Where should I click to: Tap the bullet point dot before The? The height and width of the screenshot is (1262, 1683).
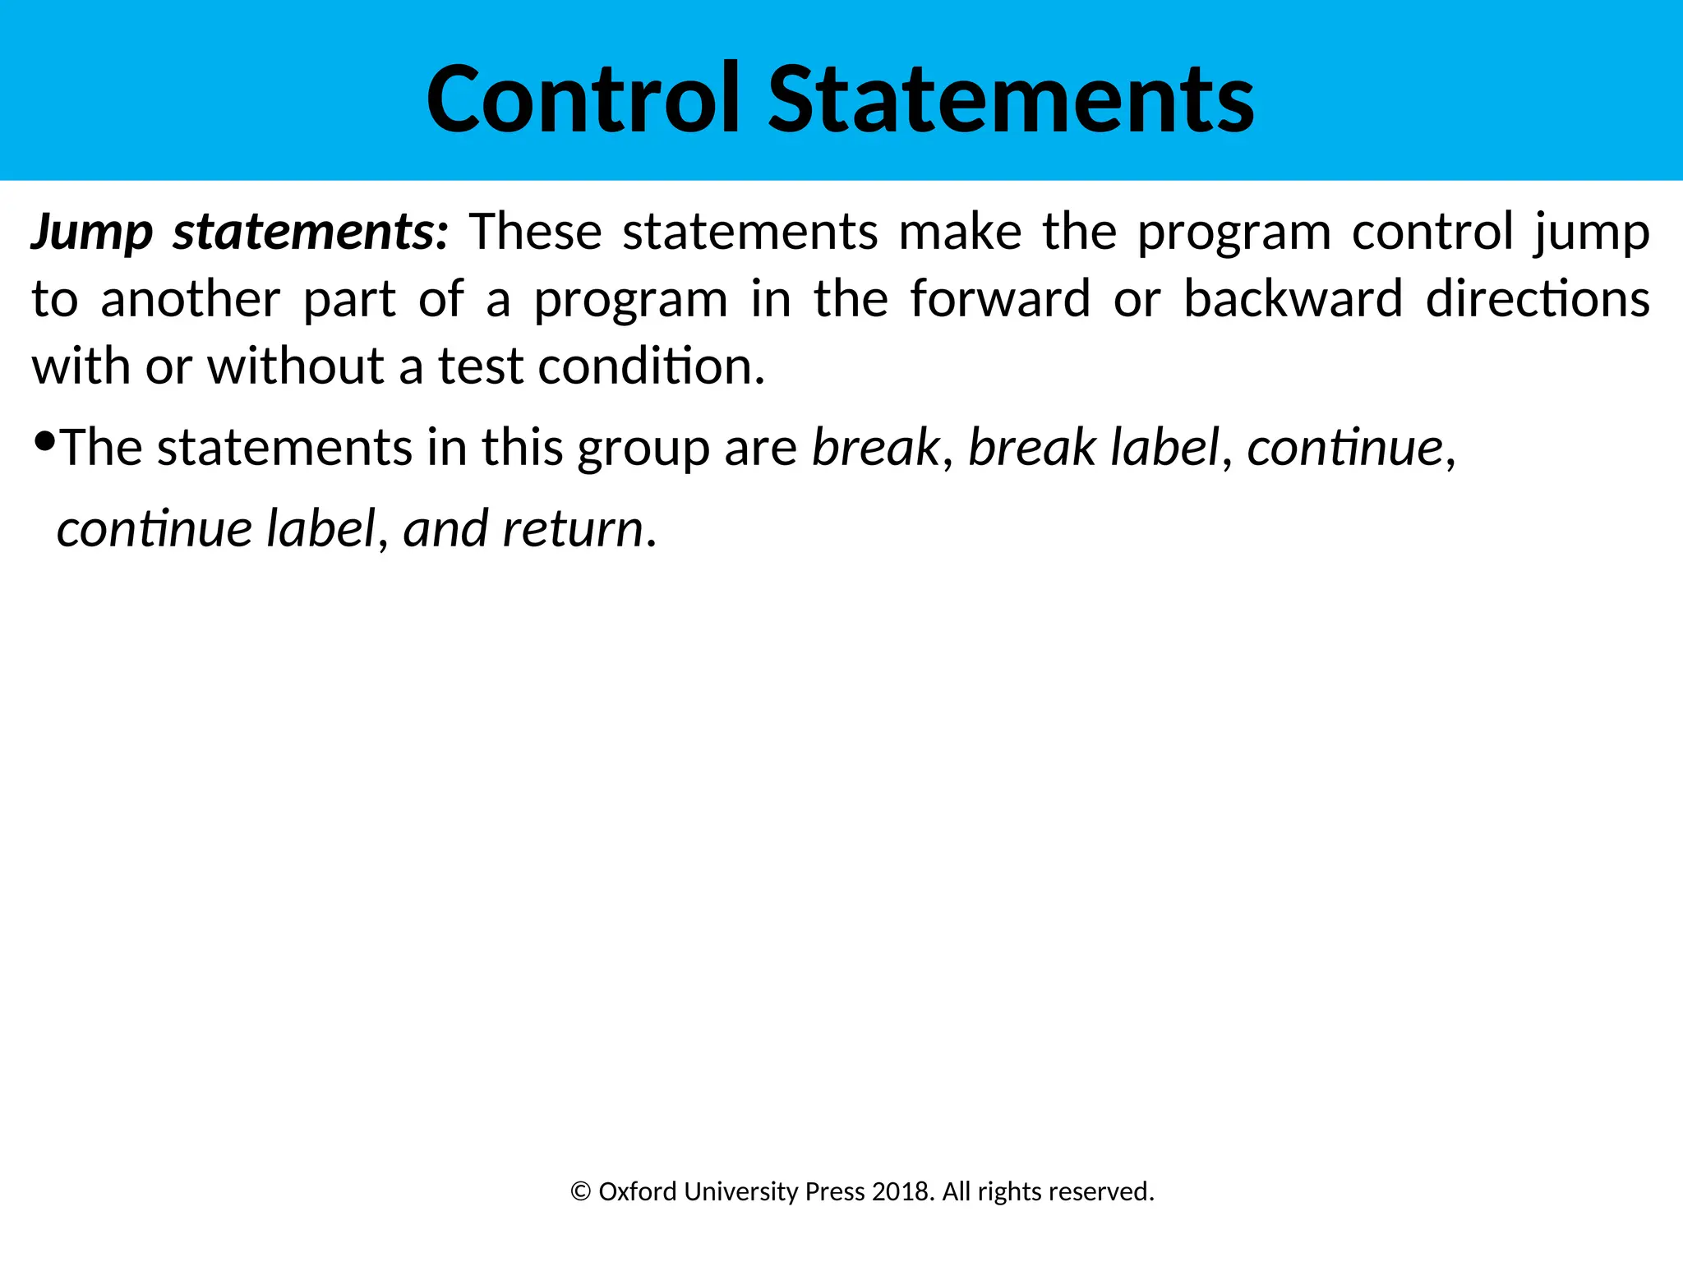pyautogui.click(x=45, y=442)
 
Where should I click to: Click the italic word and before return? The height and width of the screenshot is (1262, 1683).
pyautogui.click(x=445, y=528)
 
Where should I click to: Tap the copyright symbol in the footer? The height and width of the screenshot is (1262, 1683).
pyautogui.click(x=580, y=1191)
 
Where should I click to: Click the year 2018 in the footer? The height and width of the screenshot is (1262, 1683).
pyautogui.click(x=901, y=1191)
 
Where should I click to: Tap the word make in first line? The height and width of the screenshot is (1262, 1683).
pyautogui.click(x=960, y=233)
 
